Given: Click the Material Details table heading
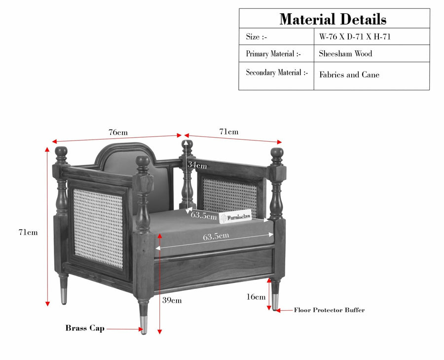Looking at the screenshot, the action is [333, 19].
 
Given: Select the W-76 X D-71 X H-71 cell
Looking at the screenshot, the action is [355, 36].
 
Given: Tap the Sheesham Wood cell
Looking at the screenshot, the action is [345, 53].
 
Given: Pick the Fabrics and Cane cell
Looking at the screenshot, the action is [349, 75].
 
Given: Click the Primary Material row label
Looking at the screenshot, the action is [273, 54].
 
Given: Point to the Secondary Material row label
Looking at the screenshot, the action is [277, 72].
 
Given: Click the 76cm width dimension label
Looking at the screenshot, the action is [118, 132].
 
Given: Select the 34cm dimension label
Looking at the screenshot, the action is [197, 165].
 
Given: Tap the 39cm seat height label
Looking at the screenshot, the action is [172, 300].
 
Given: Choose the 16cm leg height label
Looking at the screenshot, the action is [256, 296].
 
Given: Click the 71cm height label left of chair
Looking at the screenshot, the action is [28, 232].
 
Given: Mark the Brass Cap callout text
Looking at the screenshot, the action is [85, 328].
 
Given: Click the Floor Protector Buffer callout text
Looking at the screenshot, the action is [330, 310].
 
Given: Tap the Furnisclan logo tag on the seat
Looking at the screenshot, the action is [236, 217].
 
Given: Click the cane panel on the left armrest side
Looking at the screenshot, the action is [98, 228].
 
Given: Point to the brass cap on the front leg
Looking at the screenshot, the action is [144, 325].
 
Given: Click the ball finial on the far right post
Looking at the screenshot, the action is [277, 153].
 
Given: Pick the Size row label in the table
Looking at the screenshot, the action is [256, 37].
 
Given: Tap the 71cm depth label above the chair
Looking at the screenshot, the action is [229, 132].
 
